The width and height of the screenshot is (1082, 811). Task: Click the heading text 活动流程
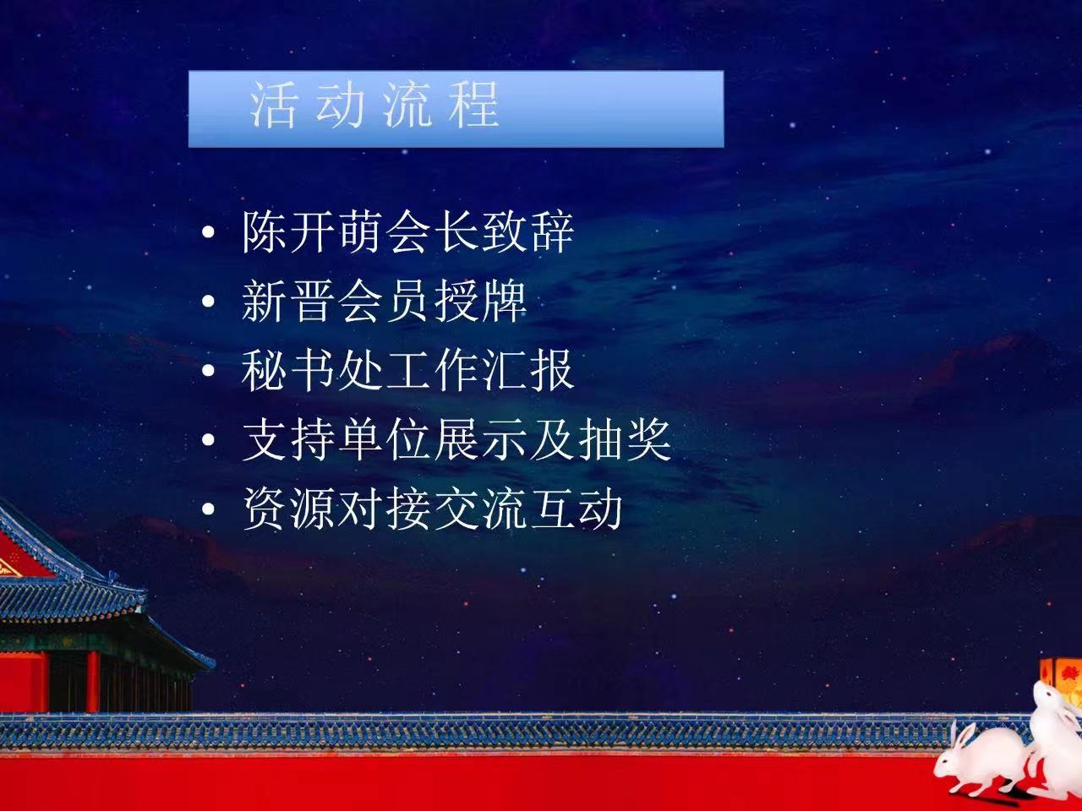point(374,106)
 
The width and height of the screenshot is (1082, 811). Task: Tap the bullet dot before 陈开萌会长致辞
point(208,232)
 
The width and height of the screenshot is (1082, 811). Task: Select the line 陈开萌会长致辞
point(407,232)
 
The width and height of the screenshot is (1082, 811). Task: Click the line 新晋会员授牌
point(384,302)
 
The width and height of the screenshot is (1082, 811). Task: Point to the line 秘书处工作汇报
point(407,370)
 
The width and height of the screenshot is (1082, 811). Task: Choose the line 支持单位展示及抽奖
point(456,440)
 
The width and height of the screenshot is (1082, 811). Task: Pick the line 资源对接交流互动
point(432,509)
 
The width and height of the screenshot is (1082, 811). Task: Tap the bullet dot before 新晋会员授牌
point(208,302)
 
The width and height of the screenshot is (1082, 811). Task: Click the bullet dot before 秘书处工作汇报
point(208,370)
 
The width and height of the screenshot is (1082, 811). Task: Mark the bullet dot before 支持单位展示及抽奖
point(208,440)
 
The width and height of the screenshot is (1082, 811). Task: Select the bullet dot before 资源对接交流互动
point(208,509)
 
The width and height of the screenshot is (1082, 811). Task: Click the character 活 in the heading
point(272,106)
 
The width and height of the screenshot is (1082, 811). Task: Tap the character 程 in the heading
point(475,106)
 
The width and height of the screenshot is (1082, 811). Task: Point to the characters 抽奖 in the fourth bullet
point(625,440)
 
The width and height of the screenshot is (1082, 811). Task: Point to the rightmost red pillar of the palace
point(93,681)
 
